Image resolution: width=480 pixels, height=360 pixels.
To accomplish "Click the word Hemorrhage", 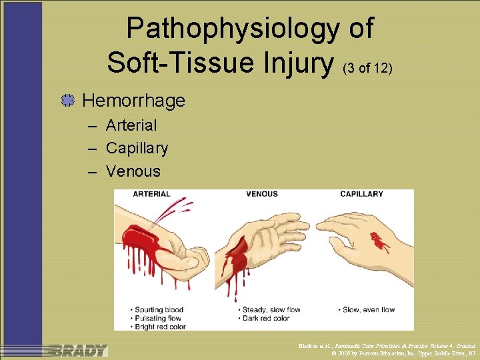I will pyautogui.click(x=133, y=101).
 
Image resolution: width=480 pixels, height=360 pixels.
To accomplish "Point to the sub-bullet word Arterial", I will pyautogui.click(x=131, y=125).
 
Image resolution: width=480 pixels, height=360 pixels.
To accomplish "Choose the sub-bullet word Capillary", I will pyautogui.click(x=137, y=148).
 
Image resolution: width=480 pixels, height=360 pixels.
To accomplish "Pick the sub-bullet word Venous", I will pyautogui.click(x=133, y=171).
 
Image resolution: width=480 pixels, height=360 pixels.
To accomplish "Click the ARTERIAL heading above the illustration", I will pyautogui.click(x=151, y=195).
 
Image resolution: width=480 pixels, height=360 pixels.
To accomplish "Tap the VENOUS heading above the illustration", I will pyautogui.click(x=261, y=195).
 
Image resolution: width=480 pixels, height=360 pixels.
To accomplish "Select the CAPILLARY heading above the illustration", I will pyautogui.click(x=361, y=195).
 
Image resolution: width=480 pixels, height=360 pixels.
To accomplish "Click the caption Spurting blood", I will pyautogui.click(x=161, y=309).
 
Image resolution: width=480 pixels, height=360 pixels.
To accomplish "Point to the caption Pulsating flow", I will pyautogui.click(x=161, y=318).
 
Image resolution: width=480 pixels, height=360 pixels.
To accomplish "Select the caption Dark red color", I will pyautogui.click(x=267, y=318).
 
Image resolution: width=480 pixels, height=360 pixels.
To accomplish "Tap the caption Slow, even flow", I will pyautogui.click(x=367, y=309).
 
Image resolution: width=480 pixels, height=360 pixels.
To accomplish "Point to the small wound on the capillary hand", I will pyautogui.click(x=381, y=241).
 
